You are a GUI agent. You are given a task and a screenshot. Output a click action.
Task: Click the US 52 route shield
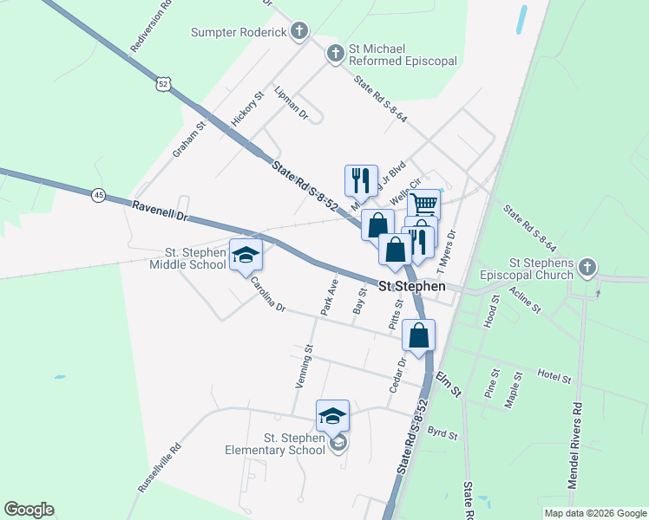pyautogui.click(x=164, y=83)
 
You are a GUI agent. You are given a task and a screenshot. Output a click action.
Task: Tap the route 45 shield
pyautogui.click(x=99, y=196)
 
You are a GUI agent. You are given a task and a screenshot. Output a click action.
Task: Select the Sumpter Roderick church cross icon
pyautogui.click(x=299, y=32)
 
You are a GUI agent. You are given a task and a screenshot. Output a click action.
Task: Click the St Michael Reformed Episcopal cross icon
pyautogui.click(x=335, y=55)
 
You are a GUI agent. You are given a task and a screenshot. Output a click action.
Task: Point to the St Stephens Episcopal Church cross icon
pyautogui.click(x=588, y=267)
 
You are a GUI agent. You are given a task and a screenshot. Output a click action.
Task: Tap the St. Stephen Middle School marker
pyautogui.click(x=246, y=254)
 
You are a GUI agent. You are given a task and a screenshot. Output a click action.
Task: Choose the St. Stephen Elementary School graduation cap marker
pyautogui.click(x=332, y=415)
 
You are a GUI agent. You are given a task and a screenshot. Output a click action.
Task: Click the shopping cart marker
pyautogui.click(x=423, y=205)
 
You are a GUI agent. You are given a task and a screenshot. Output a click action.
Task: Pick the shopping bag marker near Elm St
pyautogui.click(x=418, y=335)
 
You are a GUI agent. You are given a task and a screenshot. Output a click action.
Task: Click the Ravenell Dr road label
pyautogui.click(x=161, y=211)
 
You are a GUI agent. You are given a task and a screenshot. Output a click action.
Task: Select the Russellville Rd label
pyautogui.click(x=160, y=469)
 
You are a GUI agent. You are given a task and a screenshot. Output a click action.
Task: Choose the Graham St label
pyautogui.click(x=188, y=139)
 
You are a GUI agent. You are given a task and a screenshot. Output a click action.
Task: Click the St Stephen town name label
pyautogui.click(x=412, y=287)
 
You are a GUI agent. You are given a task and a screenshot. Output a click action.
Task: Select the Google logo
pyautogui.click(x=29, y=510)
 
